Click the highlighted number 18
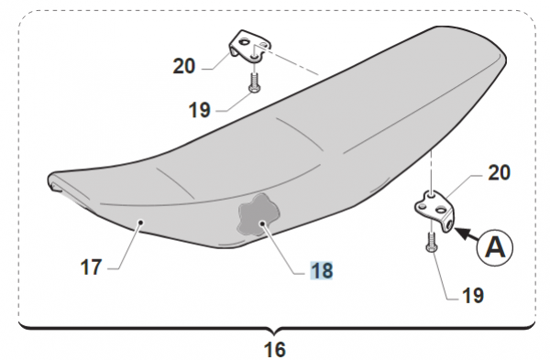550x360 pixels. coord(322,270)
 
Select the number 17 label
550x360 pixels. coord(91,267)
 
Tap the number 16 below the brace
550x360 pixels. coord(275,349)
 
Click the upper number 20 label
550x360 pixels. coord(184,66)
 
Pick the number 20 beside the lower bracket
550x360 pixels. coord(500,173)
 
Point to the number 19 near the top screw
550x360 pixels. coord(199,110)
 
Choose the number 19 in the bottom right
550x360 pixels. coord(473,296)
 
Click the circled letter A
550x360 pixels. coord(495,247)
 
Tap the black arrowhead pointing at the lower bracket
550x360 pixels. coord(463,233)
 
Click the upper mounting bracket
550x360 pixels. coord(249,46)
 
